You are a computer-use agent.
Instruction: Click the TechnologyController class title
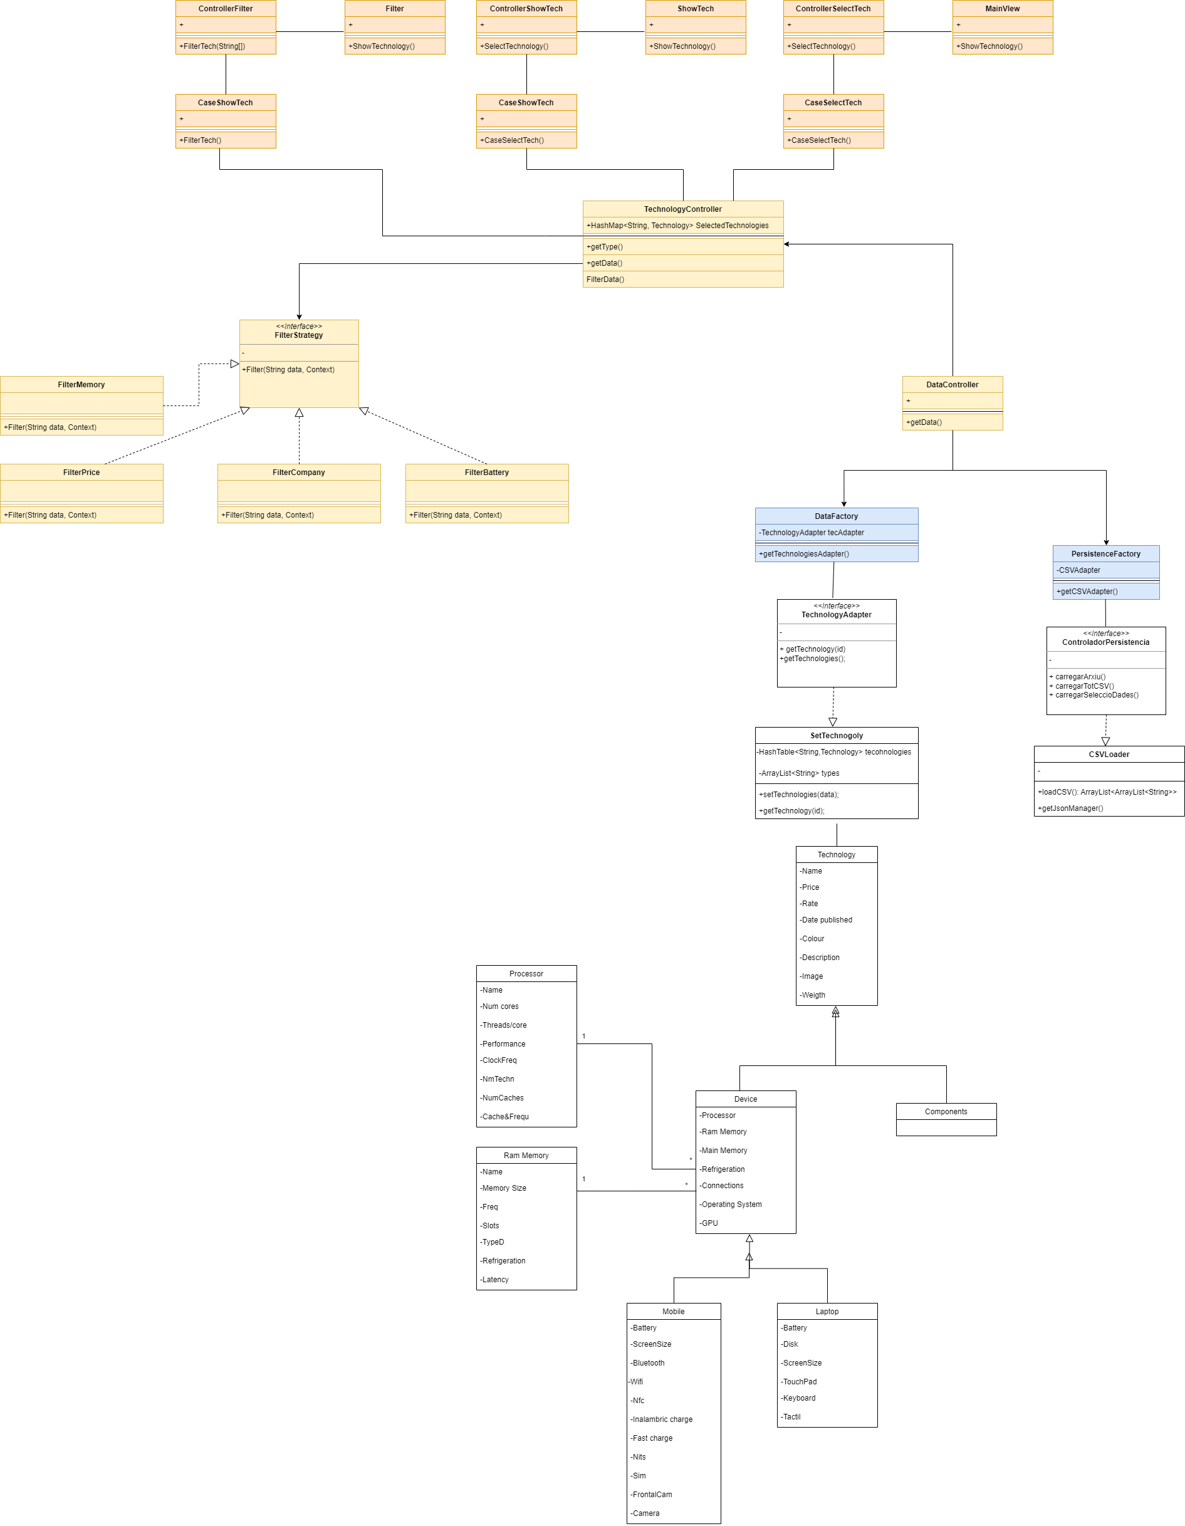(682, 209)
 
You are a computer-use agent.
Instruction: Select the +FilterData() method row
(605, 280)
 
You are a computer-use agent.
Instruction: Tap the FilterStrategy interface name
(298, 335)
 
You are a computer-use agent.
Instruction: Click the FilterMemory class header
(81, 385)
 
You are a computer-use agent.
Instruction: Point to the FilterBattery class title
(486, 473)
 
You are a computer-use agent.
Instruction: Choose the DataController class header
(952, 385)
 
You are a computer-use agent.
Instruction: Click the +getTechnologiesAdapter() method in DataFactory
(803, 554)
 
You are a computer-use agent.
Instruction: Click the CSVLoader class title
(1108, 755)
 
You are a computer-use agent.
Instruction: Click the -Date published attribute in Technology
(826, 920)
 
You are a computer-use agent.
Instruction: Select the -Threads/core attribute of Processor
(503, 1025)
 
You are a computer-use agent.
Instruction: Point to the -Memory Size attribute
(503, 1188)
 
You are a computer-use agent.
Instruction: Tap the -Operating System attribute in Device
(731, 1205)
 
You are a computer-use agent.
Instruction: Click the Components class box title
(946, 1112)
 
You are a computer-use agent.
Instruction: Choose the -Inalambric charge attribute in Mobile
(661, 1419)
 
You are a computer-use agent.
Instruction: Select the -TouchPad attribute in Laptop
(800, 1381)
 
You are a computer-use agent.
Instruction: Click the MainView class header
(1002, 9)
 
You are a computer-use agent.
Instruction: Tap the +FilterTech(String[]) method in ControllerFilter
(212, 46)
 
